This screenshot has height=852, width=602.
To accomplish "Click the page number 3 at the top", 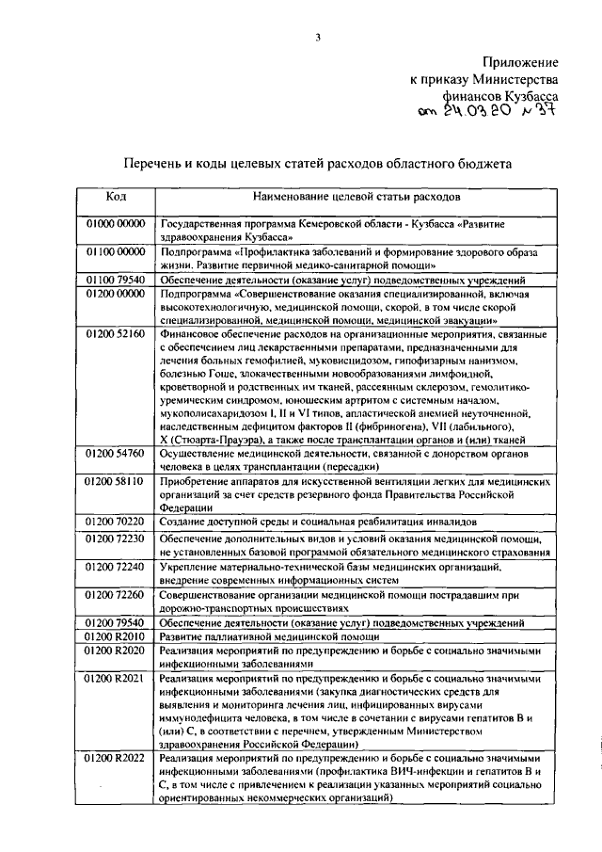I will point(318,37).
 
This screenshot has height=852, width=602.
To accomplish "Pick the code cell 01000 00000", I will point(117,226).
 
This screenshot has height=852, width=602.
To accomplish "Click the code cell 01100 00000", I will point(117,253).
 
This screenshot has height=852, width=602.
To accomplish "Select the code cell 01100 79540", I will point(117,281).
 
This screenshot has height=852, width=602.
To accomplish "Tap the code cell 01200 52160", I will point(117,334).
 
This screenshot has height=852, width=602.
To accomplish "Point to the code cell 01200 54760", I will point(117,454).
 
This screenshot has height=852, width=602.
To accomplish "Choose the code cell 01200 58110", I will point(117,481).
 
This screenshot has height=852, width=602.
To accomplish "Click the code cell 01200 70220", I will point(117,521).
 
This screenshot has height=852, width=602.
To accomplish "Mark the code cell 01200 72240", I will point(117,569).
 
